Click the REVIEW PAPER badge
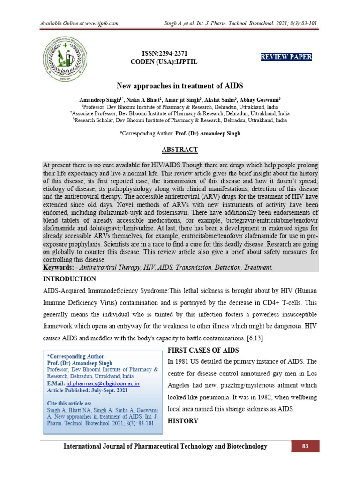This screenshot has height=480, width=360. tap(286, 57)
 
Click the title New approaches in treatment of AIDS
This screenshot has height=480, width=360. tap(180, 86)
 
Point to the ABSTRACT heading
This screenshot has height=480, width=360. tap(180, 150)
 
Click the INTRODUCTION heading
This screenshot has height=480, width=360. tap(69, 279)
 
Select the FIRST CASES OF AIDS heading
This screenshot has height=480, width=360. tap(203, 350)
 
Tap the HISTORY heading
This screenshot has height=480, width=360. tap(182, 421)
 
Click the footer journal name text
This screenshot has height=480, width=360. tap(165, 446)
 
